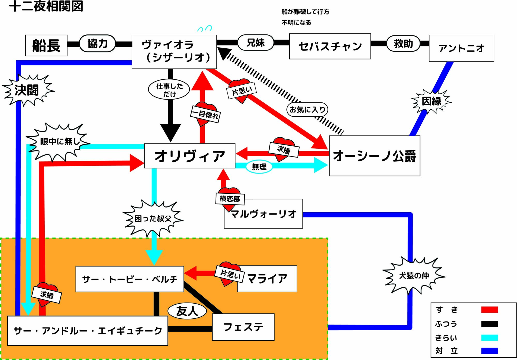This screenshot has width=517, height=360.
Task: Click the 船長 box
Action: pos(46,46)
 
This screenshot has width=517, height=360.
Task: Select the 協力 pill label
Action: pos(97,43)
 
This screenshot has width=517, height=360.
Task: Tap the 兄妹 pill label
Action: pos(256,42)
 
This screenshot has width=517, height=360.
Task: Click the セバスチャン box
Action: pos(330,47)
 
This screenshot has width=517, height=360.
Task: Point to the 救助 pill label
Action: pos(403,43)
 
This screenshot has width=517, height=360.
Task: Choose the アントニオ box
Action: pos(461,48)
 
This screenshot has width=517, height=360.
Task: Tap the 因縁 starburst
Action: pos(431,101)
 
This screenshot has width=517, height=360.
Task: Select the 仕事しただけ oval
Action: pos(169,89)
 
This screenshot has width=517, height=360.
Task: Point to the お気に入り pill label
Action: pos(307,110)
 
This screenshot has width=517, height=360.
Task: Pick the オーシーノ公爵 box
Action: pos(374,156)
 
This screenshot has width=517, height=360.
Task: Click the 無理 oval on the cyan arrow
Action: pos(259,167)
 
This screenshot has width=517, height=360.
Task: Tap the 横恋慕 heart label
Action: pos(230,199)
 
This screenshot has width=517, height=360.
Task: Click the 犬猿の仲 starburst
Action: pos(414,276)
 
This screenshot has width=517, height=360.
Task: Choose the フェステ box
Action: pos(243,327)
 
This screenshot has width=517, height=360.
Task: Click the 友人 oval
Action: pos(187,311)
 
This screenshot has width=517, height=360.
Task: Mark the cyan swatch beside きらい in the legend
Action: pos(489,338)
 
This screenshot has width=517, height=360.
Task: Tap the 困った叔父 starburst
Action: pos(153,219)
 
